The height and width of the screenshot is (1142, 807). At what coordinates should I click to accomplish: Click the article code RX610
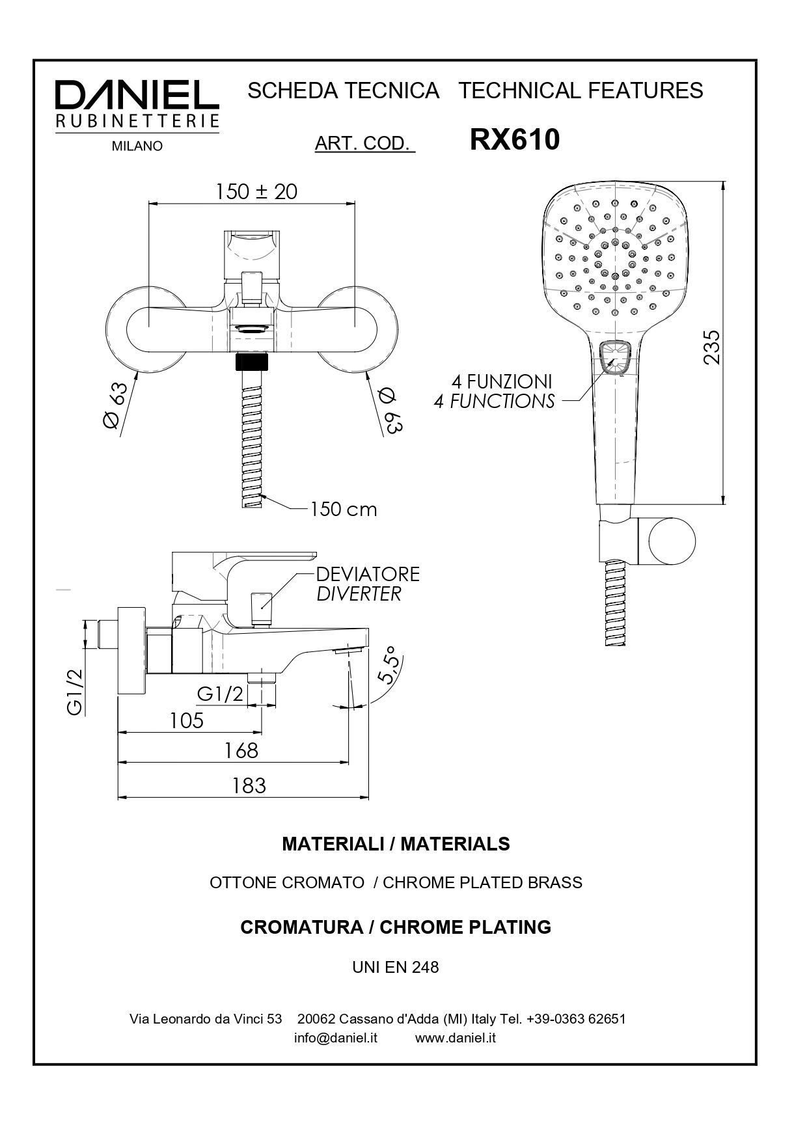514,139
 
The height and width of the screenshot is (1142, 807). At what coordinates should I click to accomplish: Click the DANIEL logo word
137,96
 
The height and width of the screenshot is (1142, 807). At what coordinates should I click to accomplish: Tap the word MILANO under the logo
137,146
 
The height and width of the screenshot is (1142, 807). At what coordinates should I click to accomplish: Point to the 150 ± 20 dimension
256,191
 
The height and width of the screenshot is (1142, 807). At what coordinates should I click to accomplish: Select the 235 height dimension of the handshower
713,347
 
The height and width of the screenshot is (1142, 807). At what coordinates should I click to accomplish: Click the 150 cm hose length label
344,509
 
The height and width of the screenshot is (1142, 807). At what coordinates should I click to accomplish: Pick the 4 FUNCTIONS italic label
495,401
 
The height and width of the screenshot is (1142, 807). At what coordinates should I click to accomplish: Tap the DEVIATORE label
368,574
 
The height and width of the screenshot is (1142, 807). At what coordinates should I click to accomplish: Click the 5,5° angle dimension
389,665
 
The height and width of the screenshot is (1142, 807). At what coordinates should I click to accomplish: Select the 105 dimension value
187,720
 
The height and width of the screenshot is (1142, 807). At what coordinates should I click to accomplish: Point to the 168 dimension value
241,751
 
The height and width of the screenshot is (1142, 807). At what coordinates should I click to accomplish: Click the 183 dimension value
249,786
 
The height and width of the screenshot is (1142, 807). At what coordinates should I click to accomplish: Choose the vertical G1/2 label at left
75,692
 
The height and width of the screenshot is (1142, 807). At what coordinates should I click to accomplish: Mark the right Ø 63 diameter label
391,410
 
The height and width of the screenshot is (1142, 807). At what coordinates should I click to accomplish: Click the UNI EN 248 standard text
396,968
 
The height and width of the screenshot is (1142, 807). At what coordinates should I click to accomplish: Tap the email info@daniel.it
336,1038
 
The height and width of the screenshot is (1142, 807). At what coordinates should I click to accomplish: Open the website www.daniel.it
456,1038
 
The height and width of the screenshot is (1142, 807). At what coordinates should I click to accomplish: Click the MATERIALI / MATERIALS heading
396,844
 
